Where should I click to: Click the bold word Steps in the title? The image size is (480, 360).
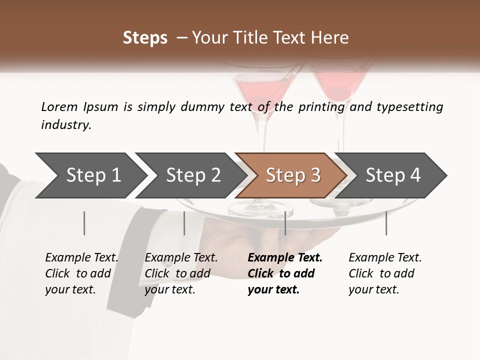pos(145,38)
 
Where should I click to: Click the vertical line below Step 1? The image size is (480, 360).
pos(84,223)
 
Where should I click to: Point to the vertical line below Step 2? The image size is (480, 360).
pos(184,223)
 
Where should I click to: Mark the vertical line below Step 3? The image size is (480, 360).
pos(285,223)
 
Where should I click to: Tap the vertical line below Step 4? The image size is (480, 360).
pos(386,223)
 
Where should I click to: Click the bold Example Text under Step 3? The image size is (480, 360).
pos(285,257)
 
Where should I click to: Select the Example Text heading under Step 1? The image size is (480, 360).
pos(81,257)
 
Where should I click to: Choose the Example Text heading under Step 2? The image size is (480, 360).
pos(181,257)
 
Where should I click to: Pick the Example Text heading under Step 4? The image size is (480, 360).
pos(385,257)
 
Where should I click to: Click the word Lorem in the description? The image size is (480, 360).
pos(59,107)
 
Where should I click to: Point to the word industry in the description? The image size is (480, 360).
pos(66,125)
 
